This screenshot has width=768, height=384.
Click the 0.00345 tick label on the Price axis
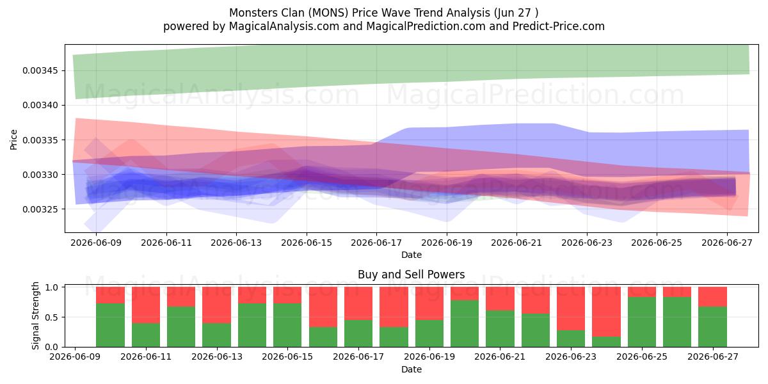coord(40,70)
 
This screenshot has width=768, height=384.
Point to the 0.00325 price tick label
coord(40,209)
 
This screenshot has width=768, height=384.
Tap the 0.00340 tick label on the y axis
coord(40,105)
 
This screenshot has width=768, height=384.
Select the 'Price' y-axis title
coord(13,140)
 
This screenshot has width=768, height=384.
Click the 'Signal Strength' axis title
coord(35,316)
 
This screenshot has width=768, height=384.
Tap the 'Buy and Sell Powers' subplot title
coord(411,275)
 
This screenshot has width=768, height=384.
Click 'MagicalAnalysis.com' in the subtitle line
coord(284,26)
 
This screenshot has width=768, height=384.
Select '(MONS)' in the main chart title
coord(328,13)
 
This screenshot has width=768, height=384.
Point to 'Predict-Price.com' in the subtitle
coord(559,26)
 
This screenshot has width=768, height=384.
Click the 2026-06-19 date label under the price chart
coord(447,243)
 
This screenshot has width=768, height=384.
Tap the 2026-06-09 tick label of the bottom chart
coord(75,357)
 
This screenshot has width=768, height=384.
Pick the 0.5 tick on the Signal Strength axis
coord(51,317)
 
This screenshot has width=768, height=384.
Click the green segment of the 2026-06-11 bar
coord(146,335)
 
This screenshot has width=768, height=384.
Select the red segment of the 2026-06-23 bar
coord(571,308)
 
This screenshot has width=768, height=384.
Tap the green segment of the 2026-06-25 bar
coord(642,322)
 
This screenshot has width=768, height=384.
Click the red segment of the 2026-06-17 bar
coord(358,303)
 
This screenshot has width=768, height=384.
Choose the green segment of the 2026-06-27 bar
coord(712,326)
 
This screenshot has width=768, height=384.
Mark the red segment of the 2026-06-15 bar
coord(287,295)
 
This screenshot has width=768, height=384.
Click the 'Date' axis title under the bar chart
coord(412,370)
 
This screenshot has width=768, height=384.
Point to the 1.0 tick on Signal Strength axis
coord(51,287)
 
